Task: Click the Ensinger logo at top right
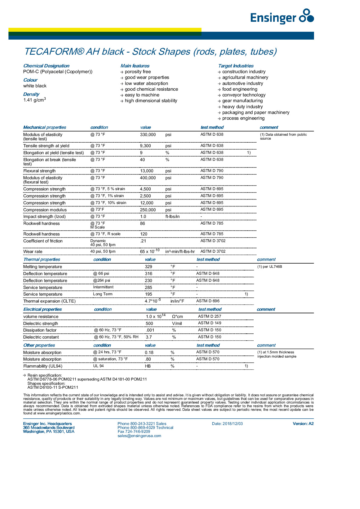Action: [x=282, y=17]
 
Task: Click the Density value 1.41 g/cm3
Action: [x=34, y=100]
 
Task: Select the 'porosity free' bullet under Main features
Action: [x=138, y=72]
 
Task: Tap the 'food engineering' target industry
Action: [x=240, y=89]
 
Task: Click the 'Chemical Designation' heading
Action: [x=46, y=66]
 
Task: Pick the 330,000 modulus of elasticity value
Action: [x=148, y=135]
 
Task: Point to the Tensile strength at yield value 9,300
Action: [x=145, y=146]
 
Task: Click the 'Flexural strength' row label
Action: [x=39, y=171]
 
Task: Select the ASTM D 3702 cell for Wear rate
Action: [x=213, y=251]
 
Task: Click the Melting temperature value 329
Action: [x=148, y=267]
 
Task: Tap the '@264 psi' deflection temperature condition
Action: [x=101, y=280]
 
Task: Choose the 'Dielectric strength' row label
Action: [x=41, y=323]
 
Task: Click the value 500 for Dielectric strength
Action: [x=149, y=323]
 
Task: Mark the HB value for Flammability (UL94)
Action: [x=148, y=366]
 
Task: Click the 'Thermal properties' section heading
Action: [x=42, y=259]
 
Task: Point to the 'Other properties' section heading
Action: [x=39, y=345]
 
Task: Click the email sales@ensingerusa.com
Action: [x=139, y=436]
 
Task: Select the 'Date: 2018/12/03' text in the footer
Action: [x=227, y=424]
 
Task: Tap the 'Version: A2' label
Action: [x=303, y=424]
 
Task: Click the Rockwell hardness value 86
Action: [x=142, y=224]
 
